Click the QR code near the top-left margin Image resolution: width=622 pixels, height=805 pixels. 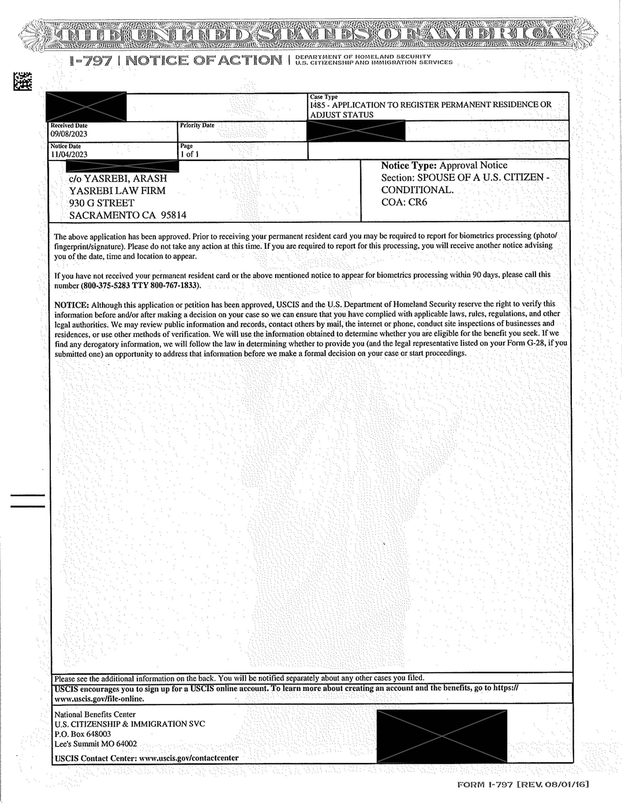[x=23, y=81]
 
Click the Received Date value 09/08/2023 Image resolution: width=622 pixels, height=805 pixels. [x=69, y=134]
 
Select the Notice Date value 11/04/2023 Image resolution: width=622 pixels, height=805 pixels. [x=69, y=154]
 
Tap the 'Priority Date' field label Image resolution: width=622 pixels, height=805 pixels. [x=197, y=125]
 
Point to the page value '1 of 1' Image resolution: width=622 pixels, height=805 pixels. [x=190, y=154]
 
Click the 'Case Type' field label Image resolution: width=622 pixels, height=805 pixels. [x=324, y=97]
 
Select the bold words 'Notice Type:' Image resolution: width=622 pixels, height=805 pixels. [x=408, y=165]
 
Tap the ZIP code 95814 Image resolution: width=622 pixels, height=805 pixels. [x=173, y=215]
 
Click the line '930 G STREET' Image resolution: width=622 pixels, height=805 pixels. [x=102, y=203]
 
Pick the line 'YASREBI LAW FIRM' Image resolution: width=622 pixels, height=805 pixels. [x=117, y=191]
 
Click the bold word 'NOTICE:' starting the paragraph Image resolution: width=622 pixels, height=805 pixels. [x=72, y=305]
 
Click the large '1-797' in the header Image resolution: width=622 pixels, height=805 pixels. [x=91, y=61]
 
